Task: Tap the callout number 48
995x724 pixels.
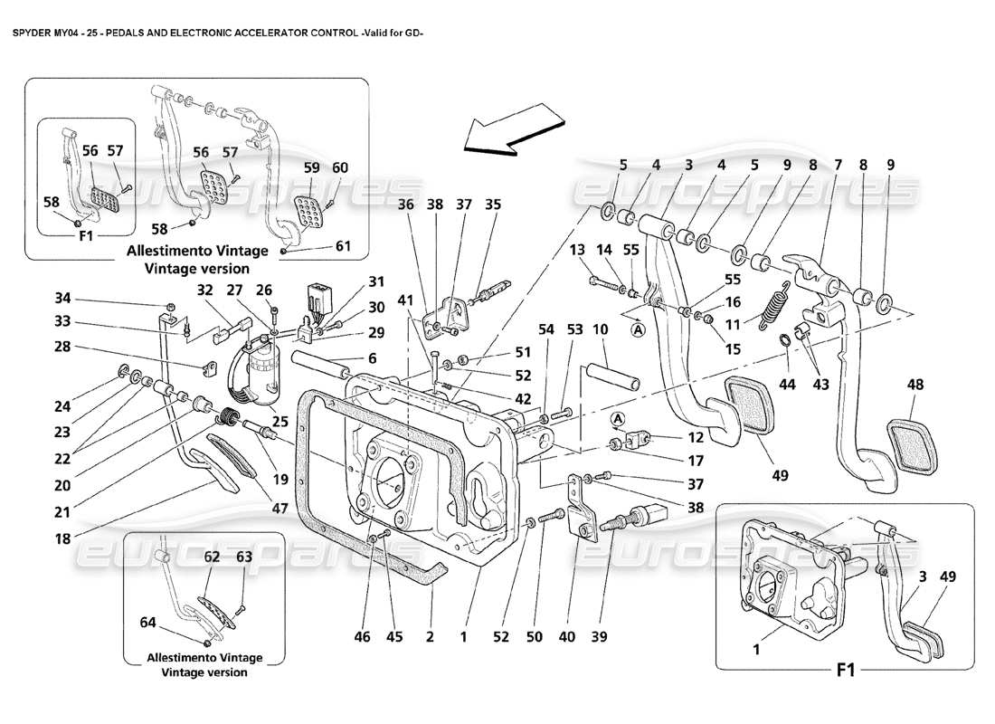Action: coord(914,385)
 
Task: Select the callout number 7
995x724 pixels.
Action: coord(838,167)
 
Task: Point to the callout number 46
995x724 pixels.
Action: coord(363,638)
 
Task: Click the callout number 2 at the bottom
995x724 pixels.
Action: coord(430,638)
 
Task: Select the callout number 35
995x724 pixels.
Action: coord(492,205)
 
